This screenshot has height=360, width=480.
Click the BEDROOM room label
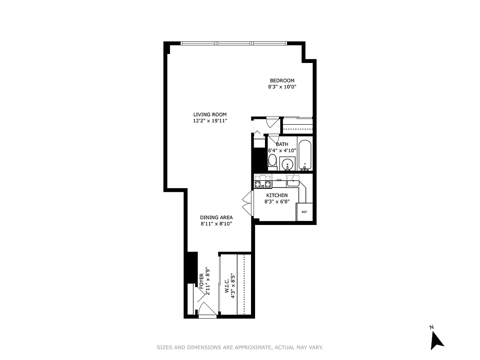click(x=282, y=81)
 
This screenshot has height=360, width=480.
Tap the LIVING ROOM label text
click(x=210, y=114)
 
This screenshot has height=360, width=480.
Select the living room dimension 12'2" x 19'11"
click(x=210, y=121)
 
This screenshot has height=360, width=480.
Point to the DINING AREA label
click(x=216, y=217)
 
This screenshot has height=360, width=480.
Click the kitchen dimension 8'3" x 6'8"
click(x=277, y=202)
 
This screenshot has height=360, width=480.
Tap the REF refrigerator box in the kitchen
click(x=304, y=212)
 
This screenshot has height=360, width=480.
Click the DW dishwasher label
click(x=279, y=180)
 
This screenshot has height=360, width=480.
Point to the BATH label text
click(x=282, y=144)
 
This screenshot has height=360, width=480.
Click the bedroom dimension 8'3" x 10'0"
click(x=282, y=87)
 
